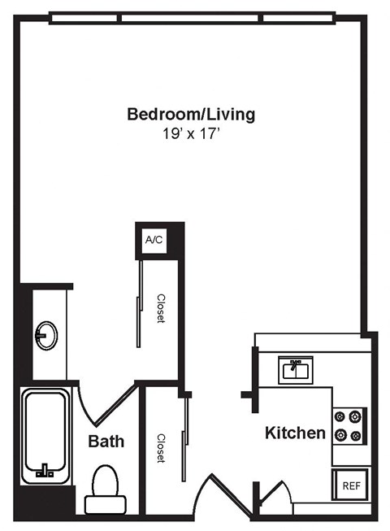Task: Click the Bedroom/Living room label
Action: tap(191, 114)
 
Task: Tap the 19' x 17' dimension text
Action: tap(191, 133)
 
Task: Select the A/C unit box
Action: tap(154, 239)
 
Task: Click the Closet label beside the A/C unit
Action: tap(161, 308)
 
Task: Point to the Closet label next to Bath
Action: tap(160, 447)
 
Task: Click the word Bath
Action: tap(106, 442)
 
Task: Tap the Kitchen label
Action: tap(295, 433)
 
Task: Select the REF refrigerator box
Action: tap(350, 486)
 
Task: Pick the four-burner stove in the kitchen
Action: tap(349, 425)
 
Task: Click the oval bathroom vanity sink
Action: tap(46, 333)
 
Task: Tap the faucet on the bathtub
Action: tap(45, 470)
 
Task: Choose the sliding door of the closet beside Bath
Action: tap(188, 443)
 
